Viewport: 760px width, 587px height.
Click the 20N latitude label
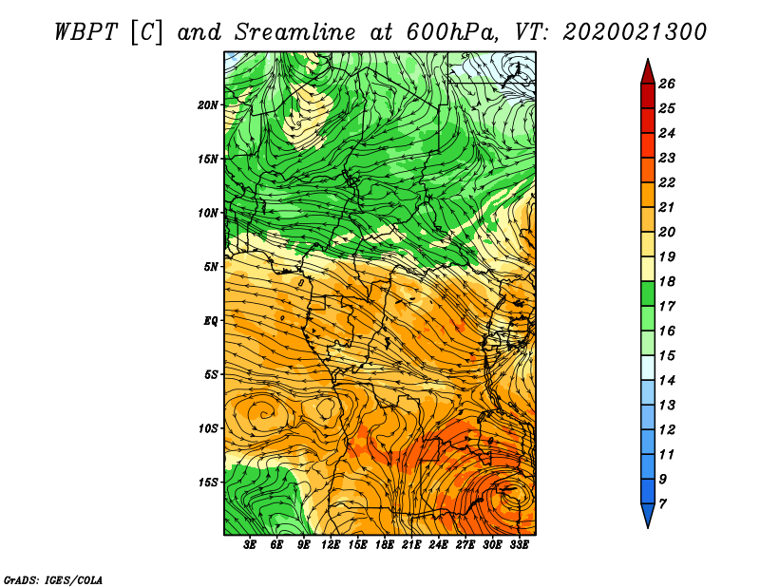coord(208,104)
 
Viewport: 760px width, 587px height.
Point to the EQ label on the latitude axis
coord(211,320)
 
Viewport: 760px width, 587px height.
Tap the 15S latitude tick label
coord(208,483)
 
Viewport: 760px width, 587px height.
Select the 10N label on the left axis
coord(208,213)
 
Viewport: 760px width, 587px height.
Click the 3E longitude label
coord(250,544)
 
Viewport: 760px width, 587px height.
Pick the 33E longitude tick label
coord(519,544)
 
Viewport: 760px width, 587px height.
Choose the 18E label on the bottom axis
coord(385,544)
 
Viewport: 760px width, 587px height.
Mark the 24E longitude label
coord(438,544)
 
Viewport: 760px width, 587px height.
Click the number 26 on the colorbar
coord(667,84)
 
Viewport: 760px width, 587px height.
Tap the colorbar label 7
coord(663,504)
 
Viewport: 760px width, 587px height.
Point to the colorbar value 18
coord(667,281)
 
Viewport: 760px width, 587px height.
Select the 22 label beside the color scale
coord(667,182)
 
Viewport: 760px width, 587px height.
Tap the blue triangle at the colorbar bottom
coord(648,515)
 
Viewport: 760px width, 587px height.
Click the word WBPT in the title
coord(85,32)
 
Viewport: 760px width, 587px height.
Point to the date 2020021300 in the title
coord(635,32)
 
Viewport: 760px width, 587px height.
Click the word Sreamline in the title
coord(294,32)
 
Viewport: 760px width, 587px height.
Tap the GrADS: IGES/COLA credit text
coord(53,580)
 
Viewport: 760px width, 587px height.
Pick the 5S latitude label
coord(211,374)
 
